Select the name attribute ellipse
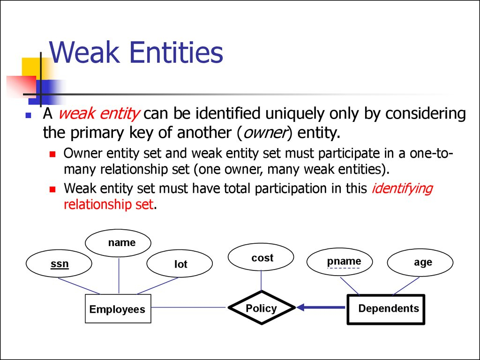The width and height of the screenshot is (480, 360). click(119, 243)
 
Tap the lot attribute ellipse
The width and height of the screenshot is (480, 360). click(180, 264)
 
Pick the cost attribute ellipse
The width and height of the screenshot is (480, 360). click(261, 258)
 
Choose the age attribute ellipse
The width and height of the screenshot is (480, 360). click(420, 262)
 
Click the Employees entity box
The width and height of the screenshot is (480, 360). click(118, 309)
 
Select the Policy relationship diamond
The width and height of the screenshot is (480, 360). click(261, 308)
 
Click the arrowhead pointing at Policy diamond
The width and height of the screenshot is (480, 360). click(301, 307)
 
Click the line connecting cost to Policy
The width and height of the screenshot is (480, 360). click(261, 281)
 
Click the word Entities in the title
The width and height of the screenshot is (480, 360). click(176, 52)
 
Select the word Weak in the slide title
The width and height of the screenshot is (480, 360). click(85, 52)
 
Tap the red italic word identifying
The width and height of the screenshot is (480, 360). click(402, 188)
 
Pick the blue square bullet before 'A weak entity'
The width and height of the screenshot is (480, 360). click(29, 115)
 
